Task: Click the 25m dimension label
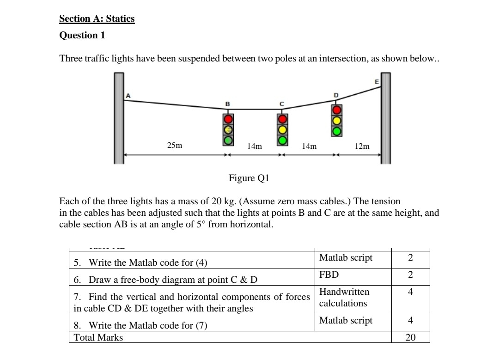point(174,145)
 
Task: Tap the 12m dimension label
point(362,146)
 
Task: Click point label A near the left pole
point(128,95)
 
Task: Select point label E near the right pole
point(377,82)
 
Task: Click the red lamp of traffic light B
point(228,120)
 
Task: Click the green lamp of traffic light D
point(337,131)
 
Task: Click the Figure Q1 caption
point(249,178)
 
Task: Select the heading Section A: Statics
point(97,19)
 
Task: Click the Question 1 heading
point(79,35)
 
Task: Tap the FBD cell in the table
point(329,275)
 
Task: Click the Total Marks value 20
point(410,337)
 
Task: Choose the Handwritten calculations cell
point(344,298)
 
